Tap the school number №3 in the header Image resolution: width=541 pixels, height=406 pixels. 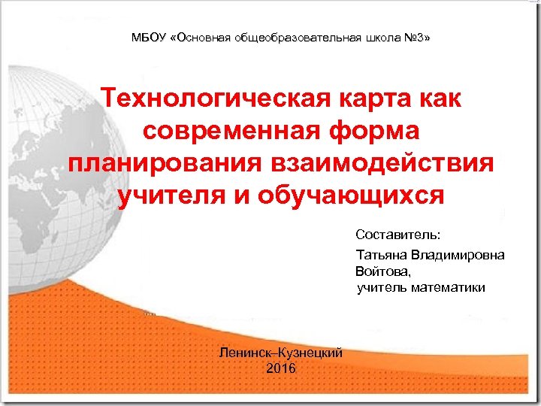coord(418,37)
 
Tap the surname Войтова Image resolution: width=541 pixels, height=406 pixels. coord(383,271)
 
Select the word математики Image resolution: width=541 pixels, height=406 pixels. coord(450,287)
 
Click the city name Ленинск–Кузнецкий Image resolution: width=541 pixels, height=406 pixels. coord(280,352)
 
